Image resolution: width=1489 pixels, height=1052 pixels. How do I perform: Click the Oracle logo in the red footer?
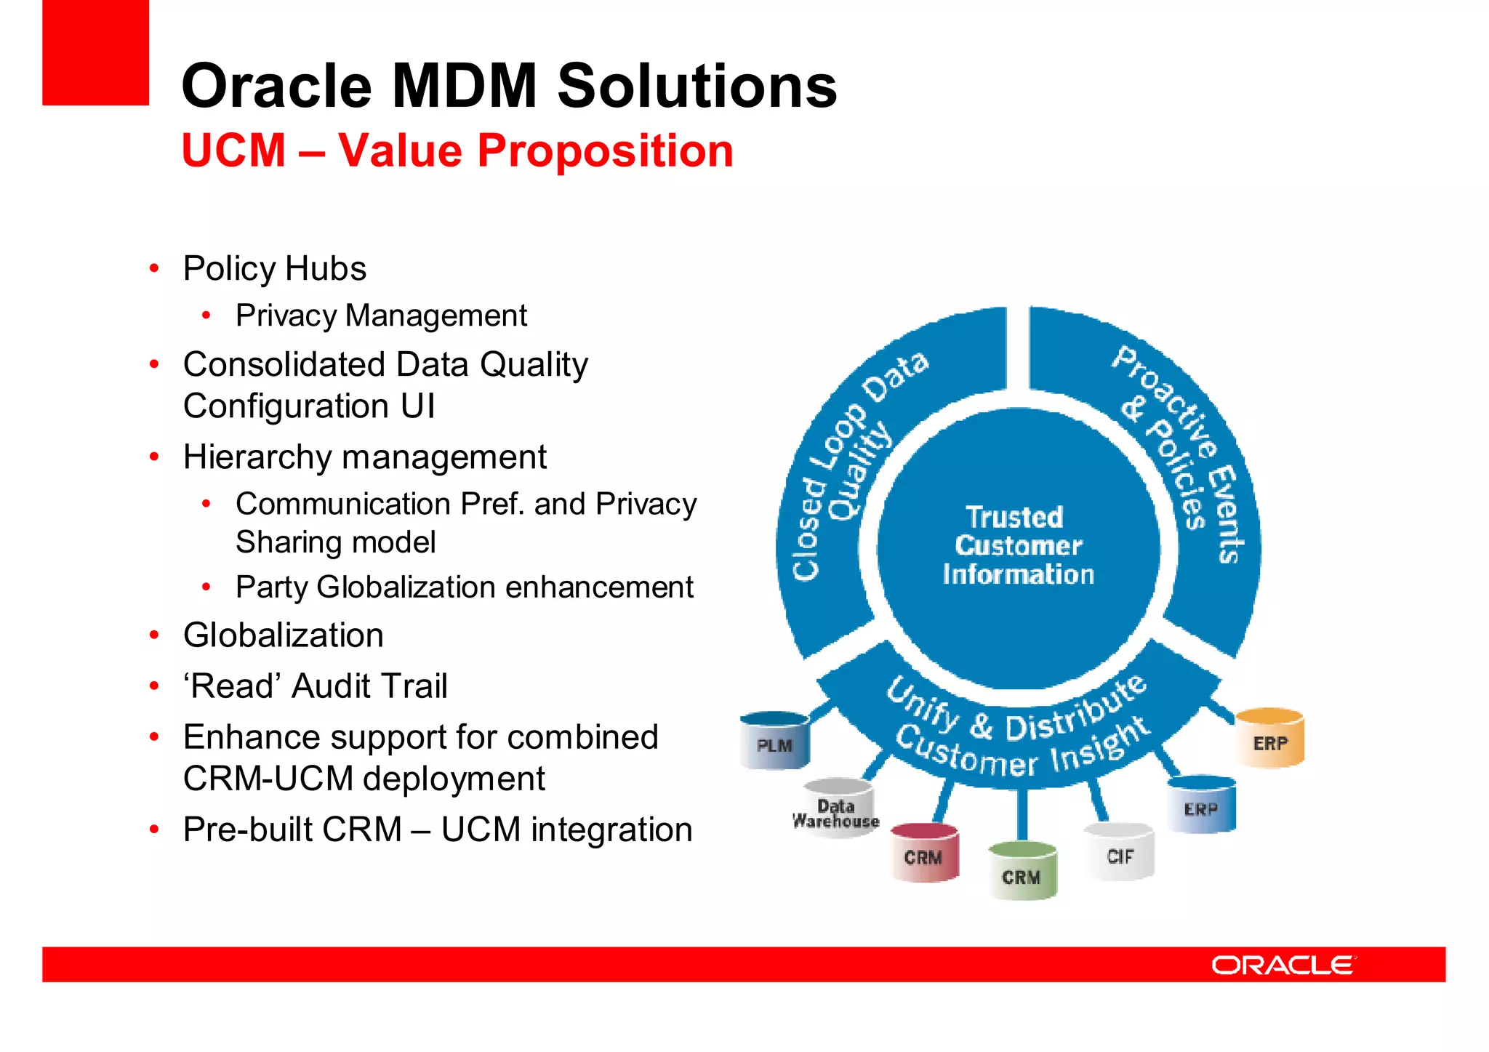pyautogui.click(x=1283, y=965)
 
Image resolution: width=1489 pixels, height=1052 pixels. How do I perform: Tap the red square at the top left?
pyautogui.click(x=95, y=52)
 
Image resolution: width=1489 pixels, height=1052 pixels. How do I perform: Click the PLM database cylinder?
pyautogui.click(x=774, y=741)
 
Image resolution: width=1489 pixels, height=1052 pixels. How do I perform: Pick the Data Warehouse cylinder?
pyautogui.click(x=837, y=808)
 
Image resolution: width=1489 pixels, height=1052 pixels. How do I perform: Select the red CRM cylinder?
pyautogui.click(x=924, y=853)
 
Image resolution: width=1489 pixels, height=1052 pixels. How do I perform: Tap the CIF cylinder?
pyautogui.click(x=1119, y=852)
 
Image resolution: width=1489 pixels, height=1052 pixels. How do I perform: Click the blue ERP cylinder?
pyautogui.click(x=1201, y=804)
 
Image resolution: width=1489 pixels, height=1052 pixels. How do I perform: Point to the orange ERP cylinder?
pyautogui.click(x=1269, y=739)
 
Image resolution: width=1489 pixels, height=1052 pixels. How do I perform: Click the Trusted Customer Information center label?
pyautogui.click(x=1018, y=546)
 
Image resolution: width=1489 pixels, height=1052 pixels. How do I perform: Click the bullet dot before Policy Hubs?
pyautogui.click(x=154, y=268)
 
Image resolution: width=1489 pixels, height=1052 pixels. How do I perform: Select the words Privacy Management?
pyautogui.click(x=381, y=316)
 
